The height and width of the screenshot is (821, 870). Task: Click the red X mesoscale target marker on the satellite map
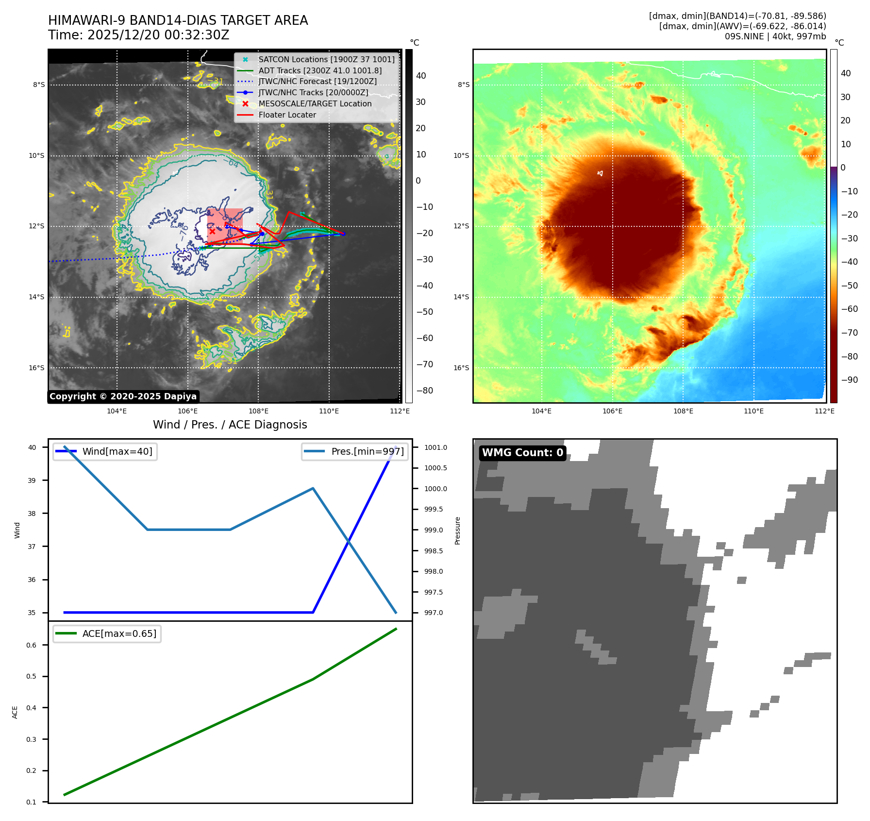tap(212, 231)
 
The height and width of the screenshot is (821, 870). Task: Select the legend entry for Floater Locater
tap(287, 115)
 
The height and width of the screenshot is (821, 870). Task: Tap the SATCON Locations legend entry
tap(326, 60)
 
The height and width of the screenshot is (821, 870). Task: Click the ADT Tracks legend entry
tap(320, 71)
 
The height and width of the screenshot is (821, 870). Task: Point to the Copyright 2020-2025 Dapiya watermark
tap(123, 396)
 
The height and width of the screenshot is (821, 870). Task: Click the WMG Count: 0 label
tap(522, 453)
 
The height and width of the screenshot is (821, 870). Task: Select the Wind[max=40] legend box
tap(105, 452)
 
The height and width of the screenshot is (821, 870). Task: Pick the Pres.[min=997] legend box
tap(355, 452)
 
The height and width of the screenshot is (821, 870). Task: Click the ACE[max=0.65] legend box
tap(107, 634)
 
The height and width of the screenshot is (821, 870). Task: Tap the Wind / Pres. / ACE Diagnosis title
tap(230, 425)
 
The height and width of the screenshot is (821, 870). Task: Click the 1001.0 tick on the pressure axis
tap(435, 447)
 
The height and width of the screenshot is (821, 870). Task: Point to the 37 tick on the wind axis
tap(32, 547)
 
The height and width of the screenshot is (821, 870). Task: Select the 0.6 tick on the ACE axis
tap(32, 645)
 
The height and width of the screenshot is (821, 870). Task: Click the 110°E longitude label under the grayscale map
tap(329, 411)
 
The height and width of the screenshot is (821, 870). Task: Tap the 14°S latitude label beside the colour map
tap(461, 297)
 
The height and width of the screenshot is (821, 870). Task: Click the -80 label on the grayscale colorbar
tap(425, 391)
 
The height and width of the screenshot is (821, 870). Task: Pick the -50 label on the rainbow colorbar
tap(849, 286)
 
